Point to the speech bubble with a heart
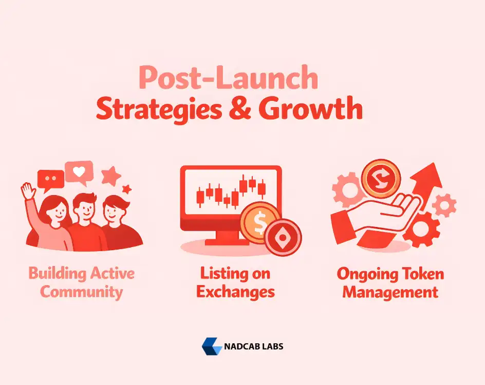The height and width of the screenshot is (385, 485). click(x=79, y=172)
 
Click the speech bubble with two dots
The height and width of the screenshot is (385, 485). click(x=50, y=178)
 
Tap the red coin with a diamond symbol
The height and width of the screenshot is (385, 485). click(x=282, y=237)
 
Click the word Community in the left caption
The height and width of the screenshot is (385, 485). click(x=82, y=292)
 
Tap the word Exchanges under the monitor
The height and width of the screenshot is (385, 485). click(x=236, y=292)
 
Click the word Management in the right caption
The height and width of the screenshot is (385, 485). click(x=390, y=292)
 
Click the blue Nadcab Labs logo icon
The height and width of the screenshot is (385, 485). click(x=211, y=346)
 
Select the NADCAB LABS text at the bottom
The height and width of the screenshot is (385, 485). click(x=254, y=346)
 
